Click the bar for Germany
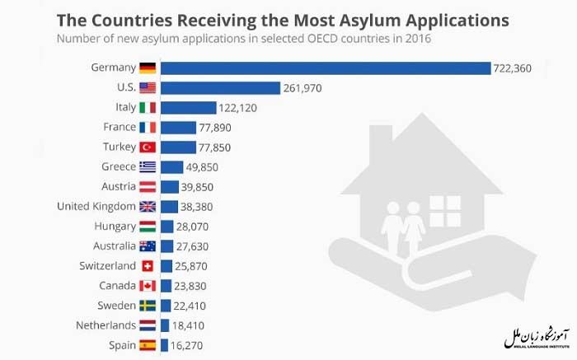click(325, 68)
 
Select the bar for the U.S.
click(219, 87)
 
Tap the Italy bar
click(188, 107)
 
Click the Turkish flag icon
click(148, 147)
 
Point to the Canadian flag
click(148, 286)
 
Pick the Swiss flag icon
click(148, 266)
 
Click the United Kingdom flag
click(148, 207)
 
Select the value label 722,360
click(512, 68)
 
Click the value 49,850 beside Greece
click(202, 167)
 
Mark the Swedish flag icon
click(148, 306)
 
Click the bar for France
click(178, 127)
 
